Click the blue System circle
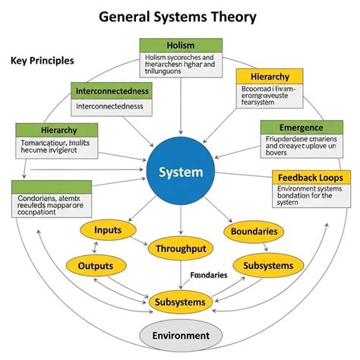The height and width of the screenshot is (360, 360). pos(180,171)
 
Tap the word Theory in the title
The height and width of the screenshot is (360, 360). pos(230,17)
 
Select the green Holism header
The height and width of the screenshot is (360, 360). pos(181,45)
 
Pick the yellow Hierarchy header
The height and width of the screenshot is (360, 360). pos(262,77)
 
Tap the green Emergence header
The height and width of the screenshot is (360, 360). pos(302,128)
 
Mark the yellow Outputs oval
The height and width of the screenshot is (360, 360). pos(96,266)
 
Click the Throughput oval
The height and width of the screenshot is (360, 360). pos(181,248)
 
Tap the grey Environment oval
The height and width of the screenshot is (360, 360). pos(181,335)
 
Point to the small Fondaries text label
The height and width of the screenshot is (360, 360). pos(208,275)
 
